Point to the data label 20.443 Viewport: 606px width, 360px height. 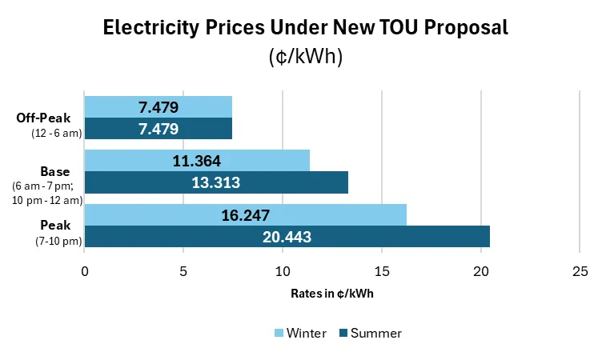click(287, 237)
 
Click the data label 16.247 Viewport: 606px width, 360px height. click(245, 215)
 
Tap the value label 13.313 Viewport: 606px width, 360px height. click(216, 182)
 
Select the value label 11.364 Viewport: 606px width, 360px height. click(197, 161)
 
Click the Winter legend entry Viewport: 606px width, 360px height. click(300, 333)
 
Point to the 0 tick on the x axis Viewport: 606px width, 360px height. click(85, 271)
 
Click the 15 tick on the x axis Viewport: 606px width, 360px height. click(382, 271)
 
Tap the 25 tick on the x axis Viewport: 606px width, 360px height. click(580, 271)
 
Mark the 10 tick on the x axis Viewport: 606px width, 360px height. click(283, 271)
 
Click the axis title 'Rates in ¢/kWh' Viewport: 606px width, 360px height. click(332, 294)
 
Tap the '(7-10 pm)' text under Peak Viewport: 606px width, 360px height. click(58, 241)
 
